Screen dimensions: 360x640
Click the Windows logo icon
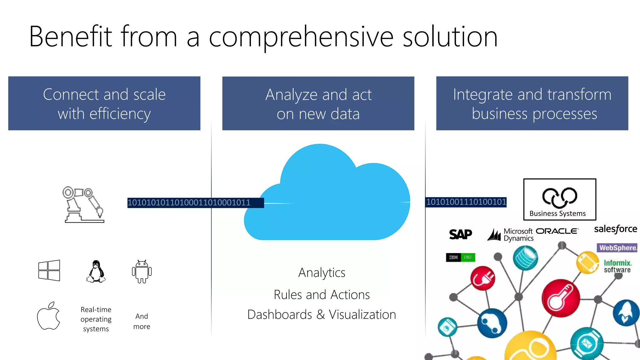coord(49,270)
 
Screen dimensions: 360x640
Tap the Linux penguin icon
coord(96,272)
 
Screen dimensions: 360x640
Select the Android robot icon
coord(142,272)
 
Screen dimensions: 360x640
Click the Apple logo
coord(48,316)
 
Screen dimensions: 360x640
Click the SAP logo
coord(460,234)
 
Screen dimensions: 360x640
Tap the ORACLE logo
coord(557,231)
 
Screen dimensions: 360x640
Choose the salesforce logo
coord(615,229)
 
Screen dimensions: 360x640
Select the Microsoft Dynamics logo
coord(511,235)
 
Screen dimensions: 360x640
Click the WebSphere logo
coord(617,248)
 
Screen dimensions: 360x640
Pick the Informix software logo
coord(617,266)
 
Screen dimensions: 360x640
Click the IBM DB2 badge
coord(460,257)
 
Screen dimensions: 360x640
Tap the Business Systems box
coord(560,199)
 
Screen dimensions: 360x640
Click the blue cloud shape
coord(327,200)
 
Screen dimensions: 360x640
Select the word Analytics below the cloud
coord(322,272)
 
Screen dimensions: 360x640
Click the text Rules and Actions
coord(322,295)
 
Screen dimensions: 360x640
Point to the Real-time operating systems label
coord(96,319)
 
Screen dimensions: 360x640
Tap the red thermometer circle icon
coord(561,298)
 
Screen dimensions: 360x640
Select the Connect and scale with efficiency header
coord(104,103)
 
